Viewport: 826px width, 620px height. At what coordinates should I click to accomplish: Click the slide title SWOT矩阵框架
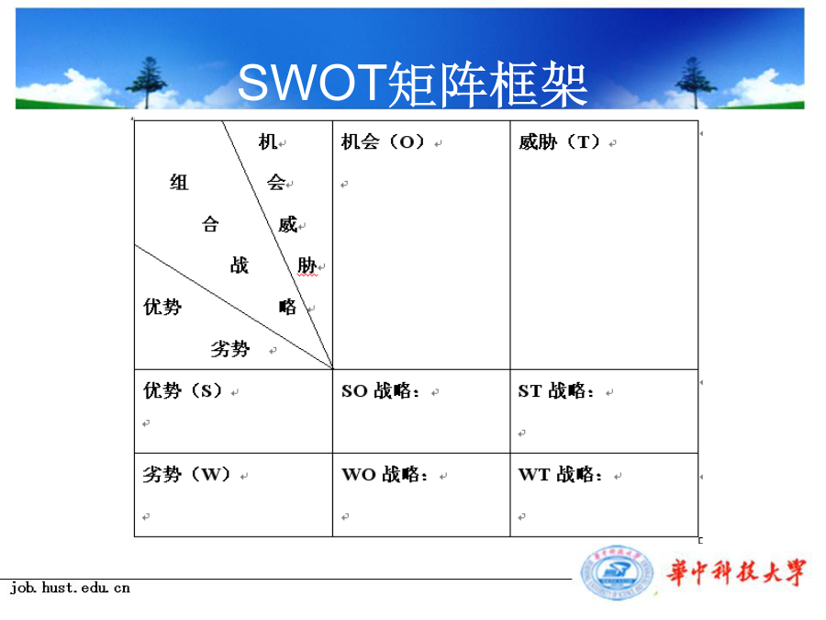412,84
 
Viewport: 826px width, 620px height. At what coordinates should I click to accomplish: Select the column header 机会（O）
383,141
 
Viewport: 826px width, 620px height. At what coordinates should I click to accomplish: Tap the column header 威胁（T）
560,141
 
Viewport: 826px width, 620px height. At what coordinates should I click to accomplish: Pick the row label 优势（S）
183,390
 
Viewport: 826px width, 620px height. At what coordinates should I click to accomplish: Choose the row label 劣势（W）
187,474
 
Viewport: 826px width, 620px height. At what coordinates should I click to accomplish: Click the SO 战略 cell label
380,390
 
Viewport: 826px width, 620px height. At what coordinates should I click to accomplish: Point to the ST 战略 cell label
556,390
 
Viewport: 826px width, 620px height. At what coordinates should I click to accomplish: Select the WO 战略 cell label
385,474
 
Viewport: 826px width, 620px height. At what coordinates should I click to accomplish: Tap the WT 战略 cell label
560,474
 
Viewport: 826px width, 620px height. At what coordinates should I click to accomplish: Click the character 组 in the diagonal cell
179,183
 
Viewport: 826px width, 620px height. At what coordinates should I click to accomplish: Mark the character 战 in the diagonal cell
240,265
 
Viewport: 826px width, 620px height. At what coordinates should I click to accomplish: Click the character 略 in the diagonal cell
287,306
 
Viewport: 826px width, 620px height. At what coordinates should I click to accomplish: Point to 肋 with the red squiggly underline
307,265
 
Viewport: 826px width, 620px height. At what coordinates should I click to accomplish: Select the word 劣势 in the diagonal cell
230,348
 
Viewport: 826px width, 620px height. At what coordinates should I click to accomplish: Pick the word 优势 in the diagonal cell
162,306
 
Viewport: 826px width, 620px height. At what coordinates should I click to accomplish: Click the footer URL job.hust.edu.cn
70,587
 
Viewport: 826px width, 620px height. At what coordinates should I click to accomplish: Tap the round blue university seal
617,573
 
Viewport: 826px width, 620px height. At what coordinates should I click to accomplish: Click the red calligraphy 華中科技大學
736,572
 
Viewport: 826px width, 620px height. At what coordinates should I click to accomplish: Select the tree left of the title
147,83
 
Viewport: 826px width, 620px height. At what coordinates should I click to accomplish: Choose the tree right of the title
696,83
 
